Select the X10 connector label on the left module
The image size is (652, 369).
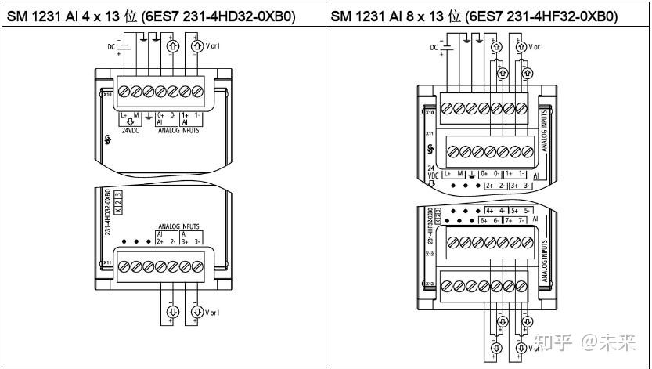[x=106, y=94]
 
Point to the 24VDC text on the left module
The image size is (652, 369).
[x=129, y=131]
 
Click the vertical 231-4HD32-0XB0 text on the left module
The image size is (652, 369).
[x=107, y=220]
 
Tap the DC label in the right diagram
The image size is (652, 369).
[x=434, y=48]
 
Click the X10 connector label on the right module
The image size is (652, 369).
[x=430, y=112]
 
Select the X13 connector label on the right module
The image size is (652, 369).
[x=430, y=284]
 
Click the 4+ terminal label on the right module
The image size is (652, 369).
[x=491, y=210]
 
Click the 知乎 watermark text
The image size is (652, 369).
[x=553, y=343]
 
